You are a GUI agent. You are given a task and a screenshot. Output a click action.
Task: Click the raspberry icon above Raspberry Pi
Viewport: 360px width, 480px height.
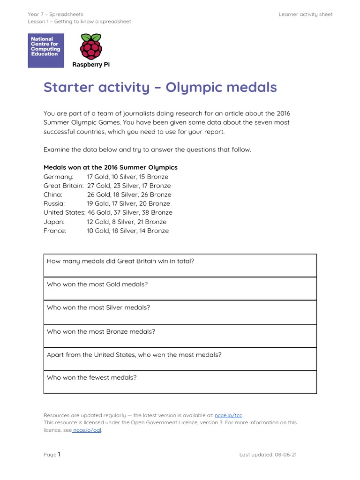(90, 45)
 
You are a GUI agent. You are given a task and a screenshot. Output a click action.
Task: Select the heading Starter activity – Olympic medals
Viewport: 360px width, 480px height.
(160, 87)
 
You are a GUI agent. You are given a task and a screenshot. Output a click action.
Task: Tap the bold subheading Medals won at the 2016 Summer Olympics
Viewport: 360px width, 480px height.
(110, 167)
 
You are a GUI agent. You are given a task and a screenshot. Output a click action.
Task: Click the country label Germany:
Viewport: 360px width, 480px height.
(58, 177)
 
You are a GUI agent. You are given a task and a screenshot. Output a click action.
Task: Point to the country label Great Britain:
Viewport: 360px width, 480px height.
(63, 186)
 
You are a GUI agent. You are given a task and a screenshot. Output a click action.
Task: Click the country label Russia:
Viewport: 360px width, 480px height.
(54, 203)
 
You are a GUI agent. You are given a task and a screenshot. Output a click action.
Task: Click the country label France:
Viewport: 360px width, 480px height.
(55, 231)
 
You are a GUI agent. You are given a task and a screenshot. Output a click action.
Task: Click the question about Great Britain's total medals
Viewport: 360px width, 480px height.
(120, 261)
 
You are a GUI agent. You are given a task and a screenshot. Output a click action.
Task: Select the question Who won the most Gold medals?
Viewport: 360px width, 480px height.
(97, 285)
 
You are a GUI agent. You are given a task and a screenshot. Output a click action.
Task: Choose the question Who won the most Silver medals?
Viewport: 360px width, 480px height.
(98, 307)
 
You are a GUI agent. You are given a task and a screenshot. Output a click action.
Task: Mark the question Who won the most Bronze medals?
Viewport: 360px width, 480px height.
(101, 331)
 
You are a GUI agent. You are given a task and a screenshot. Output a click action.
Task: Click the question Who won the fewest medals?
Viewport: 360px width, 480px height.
(92, 377)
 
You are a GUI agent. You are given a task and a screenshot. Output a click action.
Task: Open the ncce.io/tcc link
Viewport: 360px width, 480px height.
(228, 415)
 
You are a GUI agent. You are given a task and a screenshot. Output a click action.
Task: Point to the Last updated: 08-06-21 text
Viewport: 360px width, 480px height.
(268, 455)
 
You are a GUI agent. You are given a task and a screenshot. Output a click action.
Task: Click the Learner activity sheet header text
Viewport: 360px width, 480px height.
(305, 15)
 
